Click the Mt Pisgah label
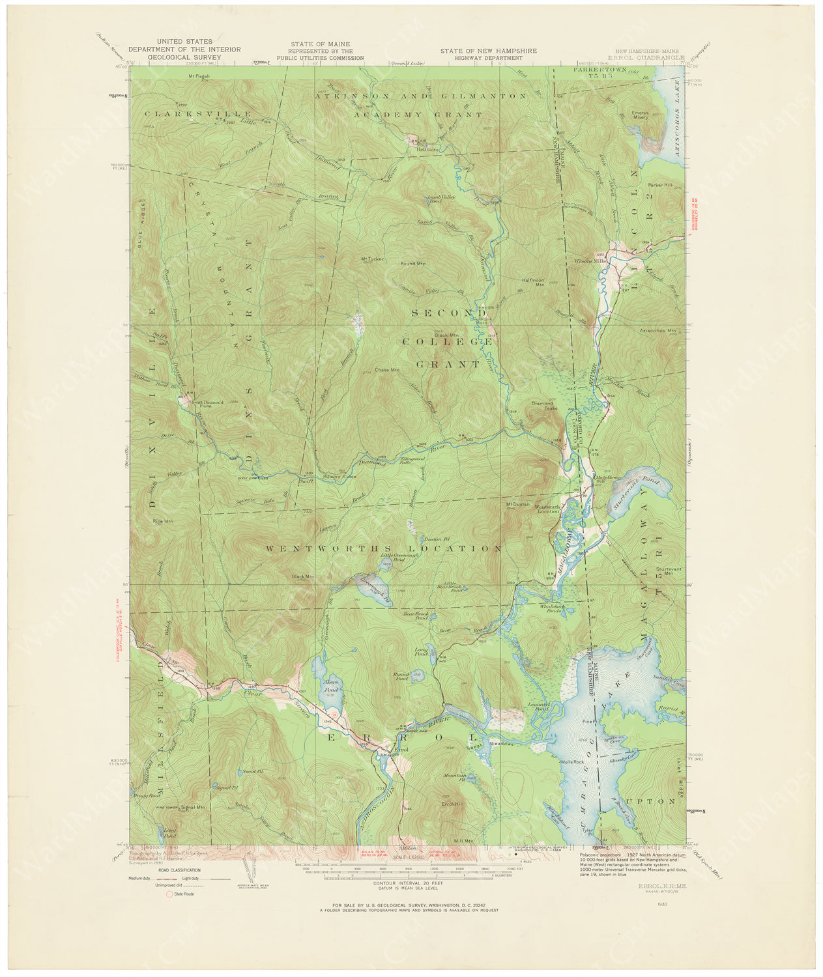(x=199, y=76)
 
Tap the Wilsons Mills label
(x=590, y=261)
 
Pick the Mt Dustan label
(x=515, y=504)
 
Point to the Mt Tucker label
(x=372, y=259)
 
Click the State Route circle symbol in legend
(x=169, y=894)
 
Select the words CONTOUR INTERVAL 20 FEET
(x=403, y=883)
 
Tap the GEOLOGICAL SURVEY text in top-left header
(x=184, y=57)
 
